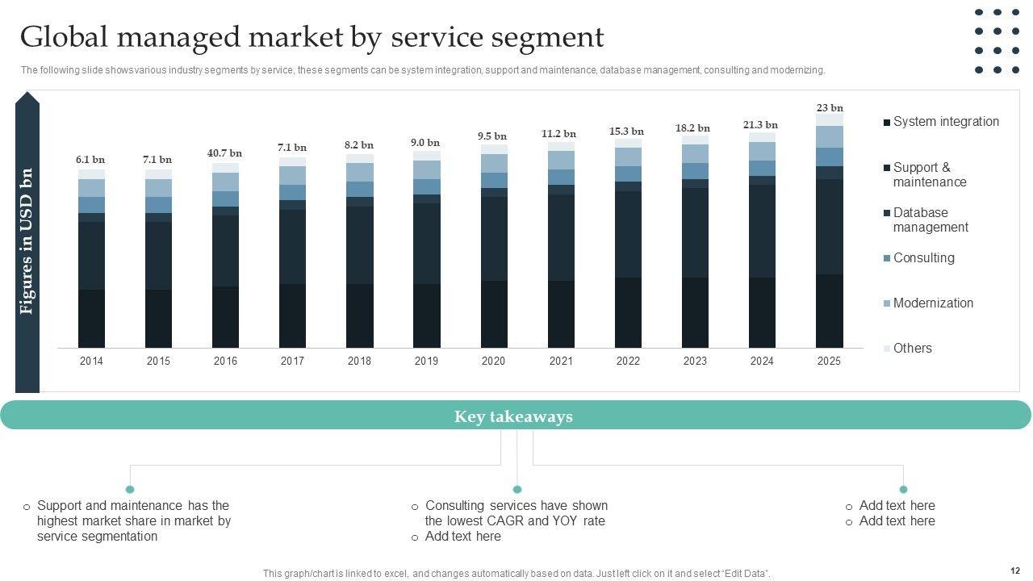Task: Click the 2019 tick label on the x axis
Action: [426, 362]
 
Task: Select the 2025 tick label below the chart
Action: [829, 362]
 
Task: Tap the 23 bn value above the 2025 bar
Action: [830, 108]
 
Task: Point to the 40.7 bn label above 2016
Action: [224, 153]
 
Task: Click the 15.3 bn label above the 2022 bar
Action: [626, 132]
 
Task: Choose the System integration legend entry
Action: [945, 122]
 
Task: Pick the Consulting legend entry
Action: [922, 258]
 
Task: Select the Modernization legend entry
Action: [932, 303]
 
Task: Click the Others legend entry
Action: [911, 349]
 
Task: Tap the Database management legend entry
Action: [930, 220]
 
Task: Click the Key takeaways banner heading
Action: [513, 416]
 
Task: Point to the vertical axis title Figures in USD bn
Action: [27, 241]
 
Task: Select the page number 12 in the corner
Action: [1014, 571]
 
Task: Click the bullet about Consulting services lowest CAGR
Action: [516, 513]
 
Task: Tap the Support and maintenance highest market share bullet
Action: [133, 520]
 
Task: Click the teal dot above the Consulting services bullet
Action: [517, 489]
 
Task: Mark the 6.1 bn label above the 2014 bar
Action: [90, 160]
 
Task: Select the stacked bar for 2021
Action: [561, 250]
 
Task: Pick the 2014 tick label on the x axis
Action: [91, 362]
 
